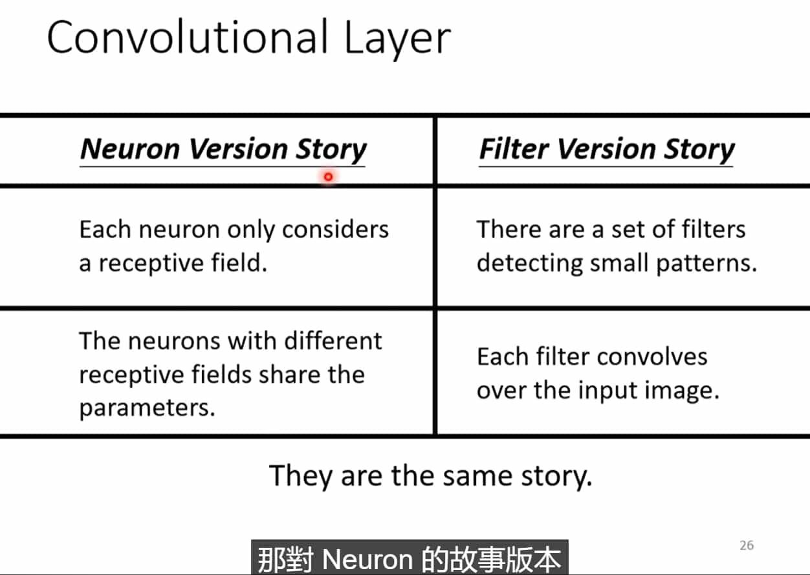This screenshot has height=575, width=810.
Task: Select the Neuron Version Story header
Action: pos(223,149)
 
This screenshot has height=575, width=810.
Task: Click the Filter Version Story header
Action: pos(606,149)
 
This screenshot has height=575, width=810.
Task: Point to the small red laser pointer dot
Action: pos(329,177)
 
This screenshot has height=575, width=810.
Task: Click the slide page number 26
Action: pos(746,545)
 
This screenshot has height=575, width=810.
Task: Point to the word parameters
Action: pos(147,408)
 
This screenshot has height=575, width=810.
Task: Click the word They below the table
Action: pos(301,477)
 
